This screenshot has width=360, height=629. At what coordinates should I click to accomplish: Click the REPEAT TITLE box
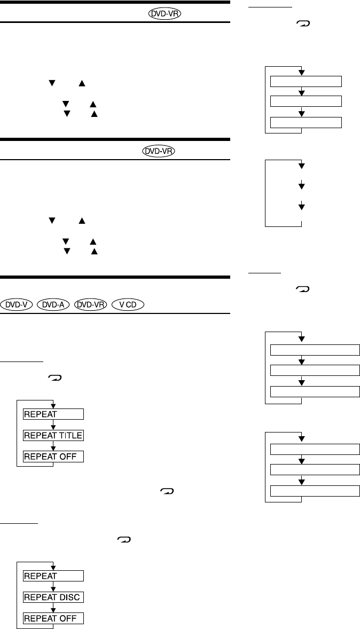[x=53, y=435]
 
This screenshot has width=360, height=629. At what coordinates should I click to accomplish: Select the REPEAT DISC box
[x=53, y=597]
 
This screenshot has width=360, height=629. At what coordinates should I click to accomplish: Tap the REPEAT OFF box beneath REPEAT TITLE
[x=53, y=457]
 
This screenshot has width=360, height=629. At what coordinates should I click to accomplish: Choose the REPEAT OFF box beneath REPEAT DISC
[x=53, y=618]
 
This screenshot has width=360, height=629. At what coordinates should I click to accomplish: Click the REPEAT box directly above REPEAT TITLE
[x=53, y=414]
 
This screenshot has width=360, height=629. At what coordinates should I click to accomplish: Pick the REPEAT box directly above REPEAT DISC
[x=53, y=576]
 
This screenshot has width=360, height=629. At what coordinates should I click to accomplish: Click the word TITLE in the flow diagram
[x=71, y=435]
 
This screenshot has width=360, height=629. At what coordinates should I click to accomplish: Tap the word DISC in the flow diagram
[x=72, y=597]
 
